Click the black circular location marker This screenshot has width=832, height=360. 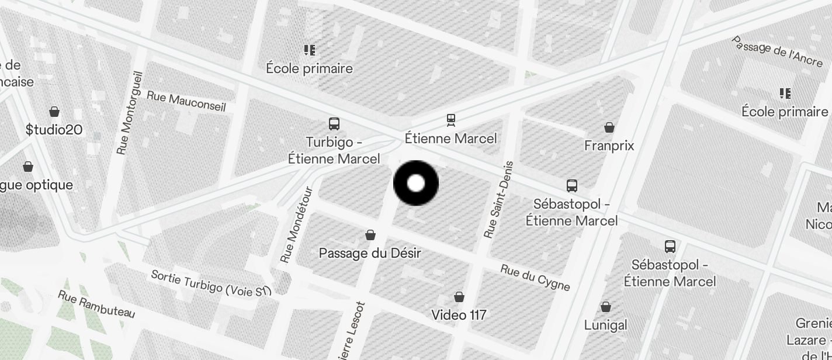point(416,183)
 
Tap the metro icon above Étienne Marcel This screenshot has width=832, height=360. point(450,120)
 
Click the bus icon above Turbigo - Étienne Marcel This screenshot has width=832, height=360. point(334,124)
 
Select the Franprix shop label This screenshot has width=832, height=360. point(609,146)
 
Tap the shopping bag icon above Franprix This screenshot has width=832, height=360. point(609,127)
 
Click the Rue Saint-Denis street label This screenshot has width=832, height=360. point(498,200)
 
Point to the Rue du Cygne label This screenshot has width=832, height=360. point(535,277)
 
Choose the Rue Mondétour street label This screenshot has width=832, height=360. point(296,225)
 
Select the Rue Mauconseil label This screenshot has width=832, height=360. point(186,101)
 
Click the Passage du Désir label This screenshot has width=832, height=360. point(370,254)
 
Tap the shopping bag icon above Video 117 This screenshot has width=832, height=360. point(459,297)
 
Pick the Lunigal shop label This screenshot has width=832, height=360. point(605,325)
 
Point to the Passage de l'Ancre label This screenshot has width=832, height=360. point(777,51)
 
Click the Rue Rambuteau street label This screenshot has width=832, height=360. point(96,304)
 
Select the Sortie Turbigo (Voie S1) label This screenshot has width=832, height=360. point(212,283)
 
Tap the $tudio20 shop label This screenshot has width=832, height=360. point(54,130)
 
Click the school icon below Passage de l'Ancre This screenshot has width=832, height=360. point(785,94)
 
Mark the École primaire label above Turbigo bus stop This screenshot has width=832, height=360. point(309,68)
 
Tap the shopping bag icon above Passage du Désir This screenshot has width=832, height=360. point(370,235)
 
